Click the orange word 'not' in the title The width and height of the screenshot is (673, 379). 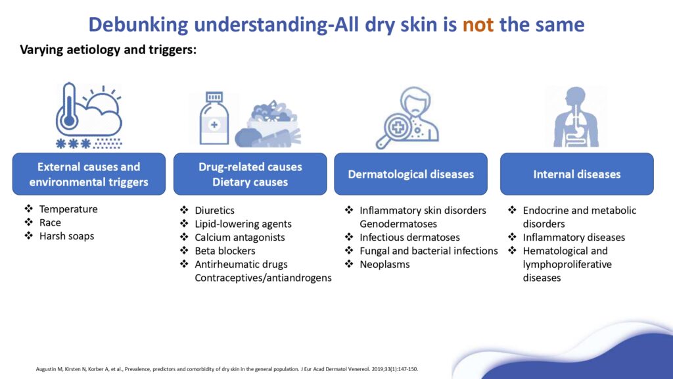coord(478,24)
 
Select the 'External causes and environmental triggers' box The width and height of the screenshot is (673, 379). coord(89,174)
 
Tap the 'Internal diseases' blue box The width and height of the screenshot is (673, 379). coord(577,174)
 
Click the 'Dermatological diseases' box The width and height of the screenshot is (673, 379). coord(411,174)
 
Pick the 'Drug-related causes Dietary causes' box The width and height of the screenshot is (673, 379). coord(250,174)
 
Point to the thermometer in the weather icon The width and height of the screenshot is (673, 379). coord(68,107)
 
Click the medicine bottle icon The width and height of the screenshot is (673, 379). coord(214,118)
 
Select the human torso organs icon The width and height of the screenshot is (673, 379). coord(576,117)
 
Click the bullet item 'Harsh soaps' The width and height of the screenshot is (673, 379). coord(66,236)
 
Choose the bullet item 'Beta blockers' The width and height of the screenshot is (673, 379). coord(225,251)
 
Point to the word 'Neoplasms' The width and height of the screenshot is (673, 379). coord(384,265)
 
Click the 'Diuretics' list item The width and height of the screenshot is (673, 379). coord(215,211)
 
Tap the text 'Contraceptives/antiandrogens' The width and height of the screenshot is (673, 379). coord(263,278)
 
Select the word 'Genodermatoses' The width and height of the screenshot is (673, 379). coord(398,224)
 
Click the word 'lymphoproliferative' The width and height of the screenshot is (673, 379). coord(567,265)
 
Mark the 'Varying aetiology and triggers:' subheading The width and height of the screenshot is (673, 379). coord(108,50)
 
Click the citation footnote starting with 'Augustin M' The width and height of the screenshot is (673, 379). coord(227,368)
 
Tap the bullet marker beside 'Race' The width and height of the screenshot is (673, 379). coord(29,222)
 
